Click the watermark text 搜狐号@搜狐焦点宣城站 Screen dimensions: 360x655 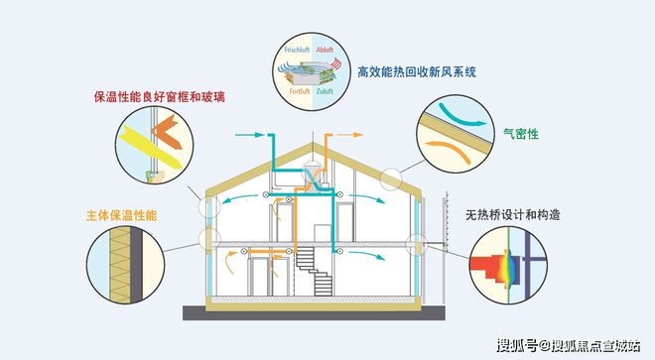pos(568,345)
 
